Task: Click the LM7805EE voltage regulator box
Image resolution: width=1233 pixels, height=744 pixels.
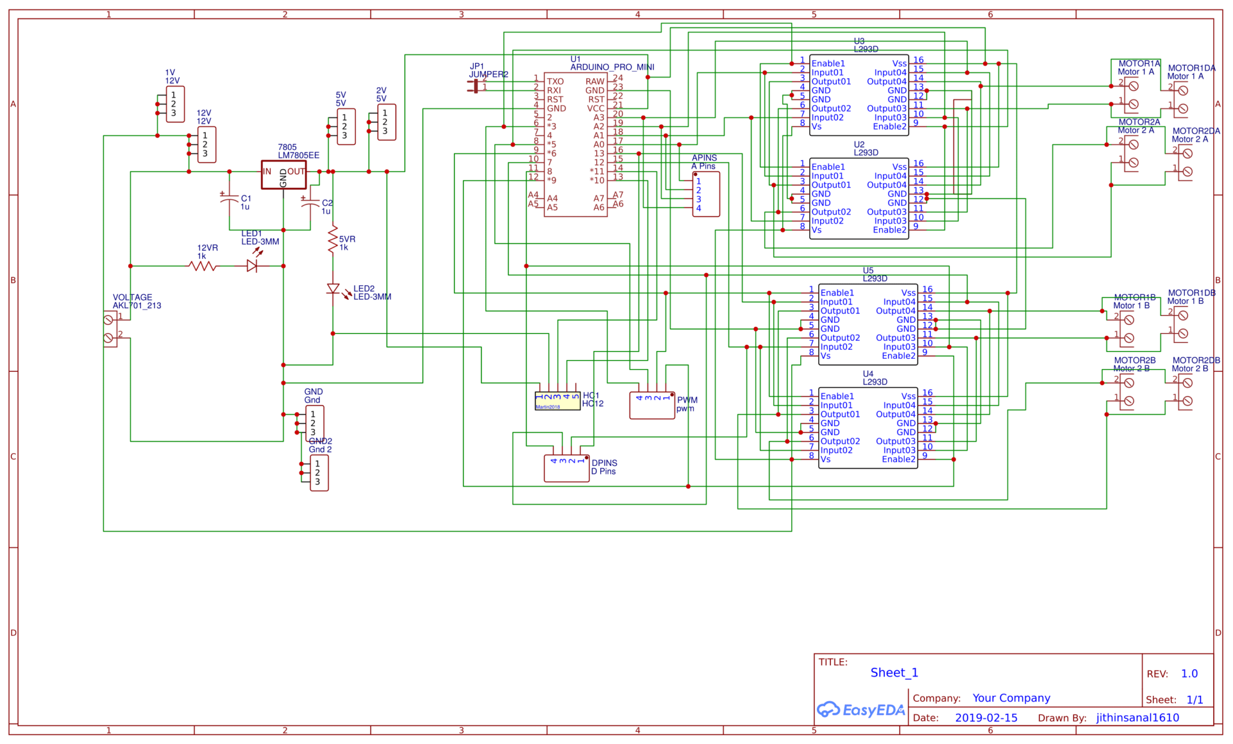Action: click(284, 175)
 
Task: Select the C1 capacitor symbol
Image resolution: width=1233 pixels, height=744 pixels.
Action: click(229, 200)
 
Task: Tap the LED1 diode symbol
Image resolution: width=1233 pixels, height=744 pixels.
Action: click(252, 265)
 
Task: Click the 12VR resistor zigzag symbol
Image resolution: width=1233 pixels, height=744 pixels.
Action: click(203, 265)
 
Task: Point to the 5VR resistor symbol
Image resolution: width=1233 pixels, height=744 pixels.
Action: click(332, 240)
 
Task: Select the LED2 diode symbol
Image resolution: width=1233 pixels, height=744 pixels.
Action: click(332, 290)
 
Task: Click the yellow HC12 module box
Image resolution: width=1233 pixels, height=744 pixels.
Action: click(557, 401)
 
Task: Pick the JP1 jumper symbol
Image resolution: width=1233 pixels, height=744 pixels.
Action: click(475, 86)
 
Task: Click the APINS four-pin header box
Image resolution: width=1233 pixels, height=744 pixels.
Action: click(706, 194)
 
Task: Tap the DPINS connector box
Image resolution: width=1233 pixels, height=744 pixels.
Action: click(566, 468)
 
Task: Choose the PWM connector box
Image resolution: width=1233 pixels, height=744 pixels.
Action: click(652, 406)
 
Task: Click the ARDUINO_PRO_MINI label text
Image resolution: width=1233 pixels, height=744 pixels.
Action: click(612, 67)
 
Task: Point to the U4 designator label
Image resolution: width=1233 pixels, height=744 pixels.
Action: click(868, 374)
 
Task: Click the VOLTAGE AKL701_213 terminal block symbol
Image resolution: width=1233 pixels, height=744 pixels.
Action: click(110, 329)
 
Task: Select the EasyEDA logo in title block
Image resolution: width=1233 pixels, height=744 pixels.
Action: click(860, 710)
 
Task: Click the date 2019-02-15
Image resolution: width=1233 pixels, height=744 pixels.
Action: click(986, 718)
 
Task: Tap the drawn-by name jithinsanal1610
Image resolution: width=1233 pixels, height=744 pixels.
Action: click(1137, 718)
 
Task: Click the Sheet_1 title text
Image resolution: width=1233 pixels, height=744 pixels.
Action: click(893, 672)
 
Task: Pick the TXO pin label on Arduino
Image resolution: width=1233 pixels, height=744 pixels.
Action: click(554, 81)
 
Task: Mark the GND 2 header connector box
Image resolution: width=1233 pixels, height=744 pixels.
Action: click(318, 473)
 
